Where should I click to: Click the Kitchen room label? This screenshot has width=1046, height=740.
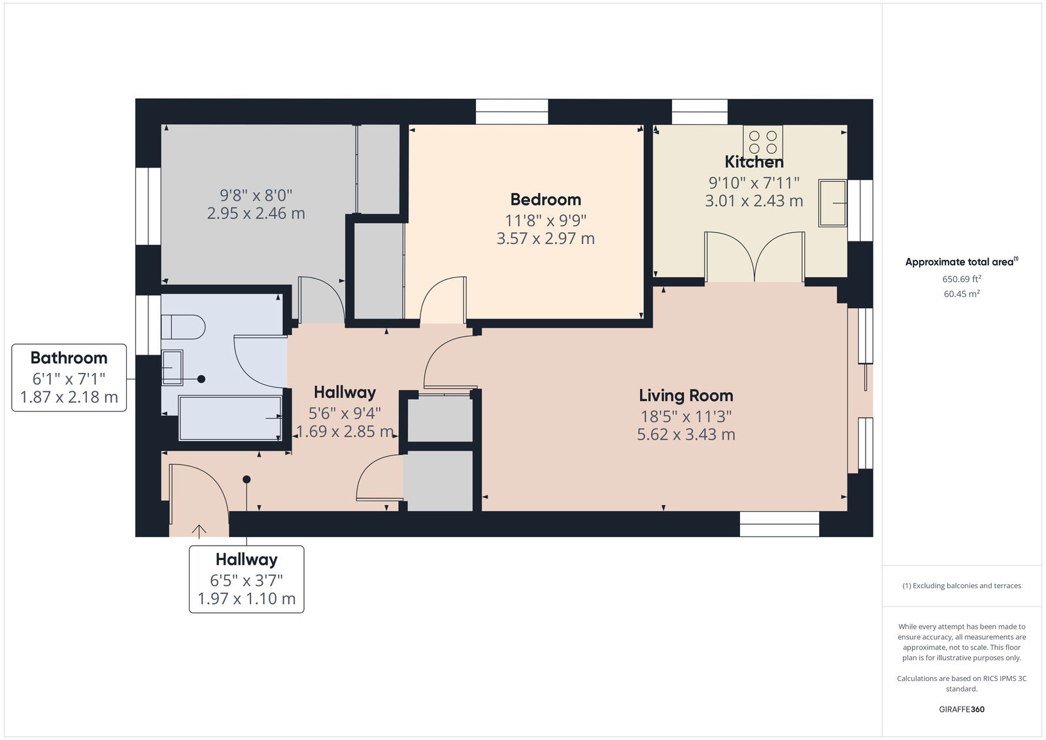click(754, 162)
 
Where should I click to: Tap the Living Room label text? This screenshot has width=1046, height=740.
click(686, 395)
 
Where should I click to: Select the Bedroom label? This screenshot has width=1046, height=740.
click(545, 200)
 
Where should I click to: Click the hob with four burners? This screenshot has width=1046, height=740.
click(762, 141)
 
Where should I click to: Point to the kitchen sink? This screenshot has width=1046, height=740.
click(832, 203)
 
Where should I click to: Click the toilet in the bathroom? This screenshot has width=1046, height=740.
click(183, 326)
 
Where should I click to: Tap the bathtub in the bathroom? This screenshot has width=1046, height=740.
click(230, 418)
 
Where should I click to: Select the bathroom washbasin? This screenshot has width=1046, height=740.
click(172, 368)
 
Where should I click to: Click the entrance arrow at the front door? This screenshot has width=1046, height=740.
click(199, 531)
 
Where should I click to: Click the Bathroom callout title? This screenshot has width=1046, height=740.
click(69, 358)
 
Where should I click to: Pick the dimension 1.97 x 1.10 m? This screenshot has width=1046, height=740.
click(246, 599)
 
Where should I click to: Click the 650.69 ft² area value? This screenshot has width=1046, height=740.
click(962, 279)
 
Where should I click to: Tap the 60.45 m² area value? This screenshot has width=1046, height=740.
click(962, 294)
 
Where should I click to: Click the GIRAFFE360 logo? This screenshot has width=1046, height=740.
click(962, 709)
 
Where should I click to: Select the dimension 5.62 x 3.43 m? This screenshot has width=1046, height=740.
click(686, 434)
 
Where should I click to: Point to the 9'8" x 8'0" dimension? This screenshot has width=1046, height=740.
click(256, 194)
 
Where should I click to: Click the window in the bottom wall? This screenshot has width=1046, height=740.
click(779, 524)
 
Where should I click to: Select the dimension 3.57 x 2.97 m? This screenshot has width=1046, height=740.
click(545, 238)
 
